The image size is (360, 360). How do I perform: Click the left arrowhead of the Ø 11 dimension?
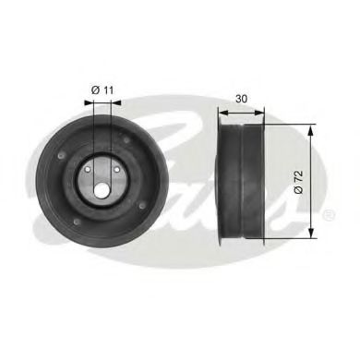click(x=92, y=102)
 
